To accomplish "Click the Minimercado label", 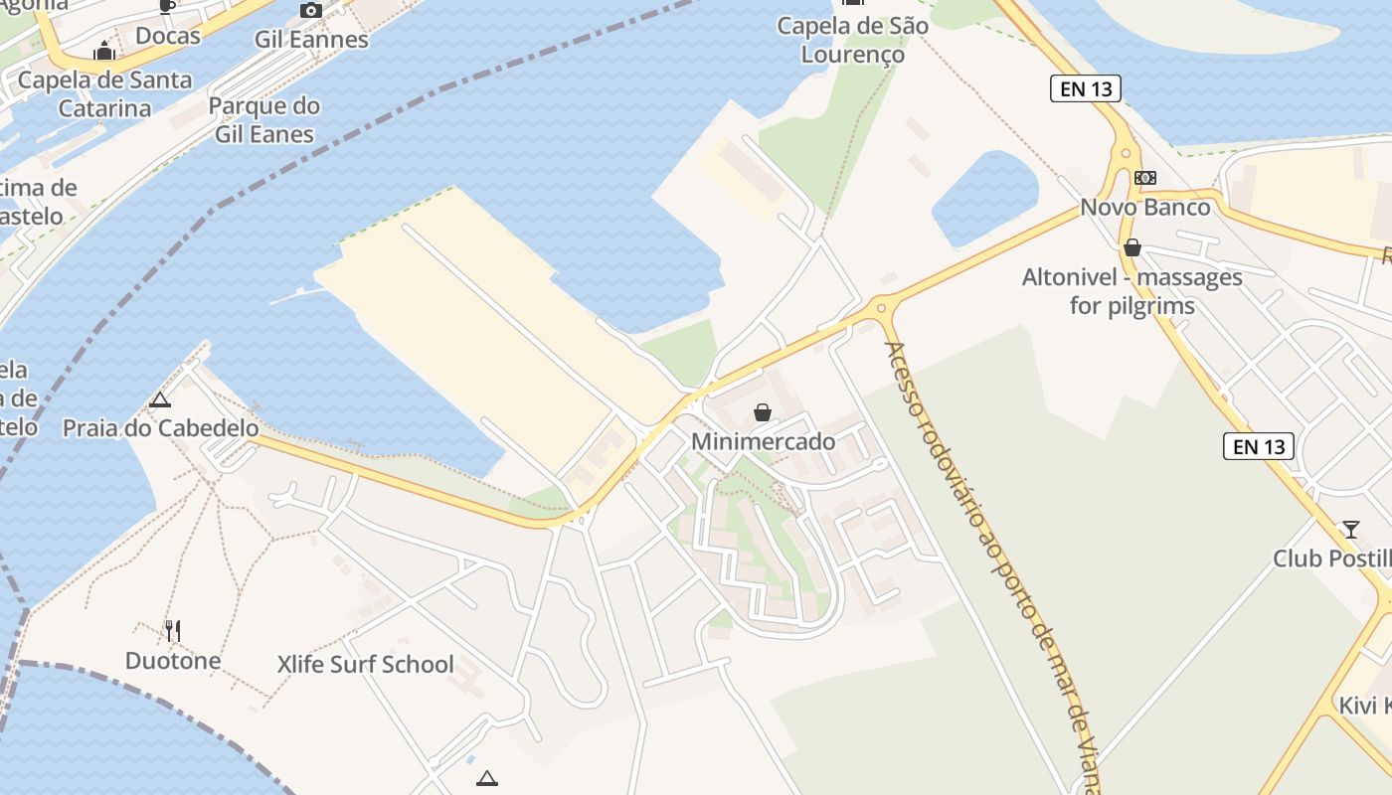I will click(763, 441).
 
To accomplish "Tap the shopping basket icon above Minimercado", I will click(763, 412).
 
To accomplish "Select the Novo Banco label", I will click(1145, 208).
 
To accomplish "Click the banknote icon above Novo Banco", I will click(1145, 178).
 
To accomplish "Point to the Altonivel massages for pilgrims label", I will click(1132, 291).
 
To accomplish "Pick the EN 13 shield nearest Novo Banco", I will click(1086, 88).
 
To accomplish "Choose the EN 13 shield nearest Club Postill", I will click(1259, 446).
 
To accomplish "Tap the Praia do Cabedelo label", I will click(160, 428).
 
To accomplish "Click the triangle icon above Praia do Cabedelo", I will click(159, 400).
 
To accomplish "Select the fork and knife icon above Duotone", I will click(173, 630).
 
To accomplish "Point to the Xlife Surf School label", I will click(366, 664).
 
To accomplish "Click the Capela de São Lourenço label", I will click(853, 40).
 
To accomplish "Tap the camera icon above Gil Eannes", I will click(311, 11).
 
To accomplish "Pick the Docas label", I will click(168, 36).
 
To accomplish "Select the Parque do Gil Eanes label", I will click(264, 120).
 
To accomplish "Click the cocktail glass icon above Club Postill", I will click(1350, 529).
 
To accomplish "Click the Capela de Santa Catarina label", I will click(104, 94).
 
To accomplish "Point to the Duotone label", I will click(173, 660).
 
